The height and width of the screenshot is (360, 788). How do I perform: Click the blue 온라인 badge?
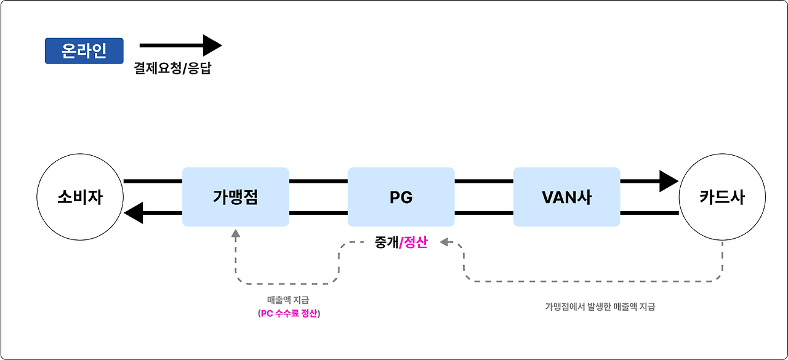coord(84,51)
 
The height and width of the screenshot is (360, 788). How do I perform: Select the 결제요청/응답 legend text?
coord(172,68)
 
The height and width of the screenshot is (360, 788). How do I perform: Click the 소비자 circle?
coord(80,198)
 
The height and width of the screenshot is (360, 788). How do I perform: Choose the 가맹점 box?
coord(235,197)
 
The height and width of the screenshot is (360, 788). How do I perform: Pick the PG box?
coord(401,197)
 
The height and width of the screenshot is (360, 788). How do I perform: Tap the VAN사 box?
coord(566,197)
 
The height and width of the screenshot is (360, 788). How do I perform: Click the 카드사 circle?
coord(722,198)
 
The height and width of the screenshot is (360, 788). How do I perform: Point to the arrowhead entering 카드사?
coord(669,182)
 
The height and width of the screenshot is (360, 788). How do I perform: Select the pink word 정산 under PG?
coord(415,242)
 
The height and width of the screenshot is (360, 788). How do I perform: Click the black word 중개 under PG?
coord(386,242)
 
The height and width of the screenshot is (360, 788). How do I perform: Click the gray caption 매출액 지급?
coord(289,300)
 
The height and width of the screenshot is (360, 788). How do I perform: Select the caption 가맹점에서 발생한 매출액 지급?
coord(600,306)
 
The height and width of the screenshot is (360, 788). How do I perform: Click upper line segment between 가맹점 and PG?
coord(318,182)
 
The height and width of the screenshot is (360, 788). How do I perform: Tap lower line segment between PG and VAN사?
coord(484,214)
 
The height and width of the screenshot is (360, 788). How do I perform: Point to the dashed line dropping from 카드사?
coord(722,262)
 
